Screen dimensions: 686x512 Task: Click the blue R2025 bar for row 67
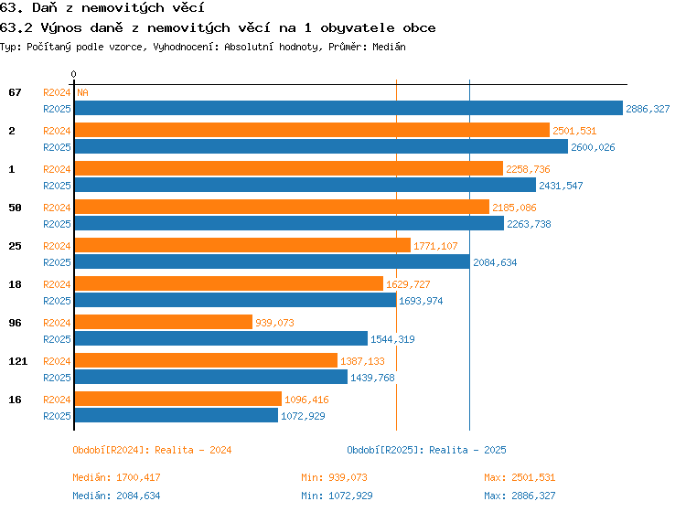(x=348, y=108)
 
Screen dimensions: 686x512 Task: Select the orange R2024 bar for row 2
(x=312, y=130)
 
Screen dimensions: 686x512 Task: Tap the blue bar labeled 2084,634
(x=273, y=261)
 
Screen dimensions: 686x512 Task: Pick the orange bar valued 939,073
(x=164, y=322)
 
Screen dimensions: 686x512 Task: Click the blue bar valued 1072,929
(x=177, y=415)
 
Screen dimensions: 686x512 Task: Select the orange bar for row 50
(x=282, y=207)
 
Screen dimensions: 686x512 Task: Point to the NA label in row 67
(x=82, y=92)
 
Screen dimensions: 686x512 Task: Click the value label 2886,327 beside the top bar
(x=648, y=109)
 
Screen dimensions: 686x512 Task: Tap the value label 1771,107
(x=435, y=246)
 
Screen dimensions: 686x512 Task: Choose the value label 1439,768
(x=372, y=378)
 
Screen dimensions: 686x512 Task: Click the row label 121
(x=18, y=361)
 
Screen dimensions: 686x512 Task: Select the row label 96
(x=15, y=323)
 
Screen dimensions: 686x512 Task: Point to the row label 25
(x=15, y=246)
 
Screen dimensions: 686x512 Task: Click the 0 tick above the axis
(x=73, y=74)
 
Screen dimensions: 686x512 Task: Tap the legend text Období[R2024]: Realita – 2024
(x=152, y=450)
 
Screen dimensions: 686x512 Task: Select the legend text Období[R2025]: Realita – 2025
(x=426, y=450)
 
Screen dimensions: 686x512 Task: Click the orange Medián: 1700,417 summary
(x=116, y=477)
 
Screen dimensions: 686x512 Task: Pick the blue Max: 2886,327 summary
(x=520, y=496)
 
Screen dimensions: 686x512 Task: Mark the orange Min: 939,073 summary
(x=334, y=477)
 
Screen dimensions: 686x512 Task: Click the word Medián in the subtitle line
(x=389, y=47)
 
